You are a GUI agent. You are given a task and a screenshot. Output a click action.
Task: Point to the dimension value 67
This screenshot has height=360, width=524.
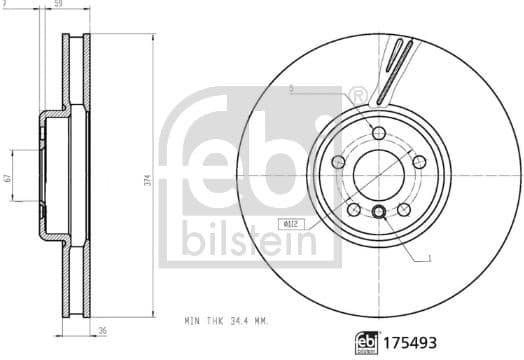tap(7, 179)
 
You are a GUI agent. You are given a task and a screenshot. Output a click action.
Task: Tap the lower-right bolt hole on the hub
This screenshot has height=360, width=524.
tap(402, 208)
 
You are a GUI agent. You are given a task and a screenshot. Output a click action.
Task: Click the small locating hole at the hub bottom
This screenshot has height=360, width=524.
tap(379, 211)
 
